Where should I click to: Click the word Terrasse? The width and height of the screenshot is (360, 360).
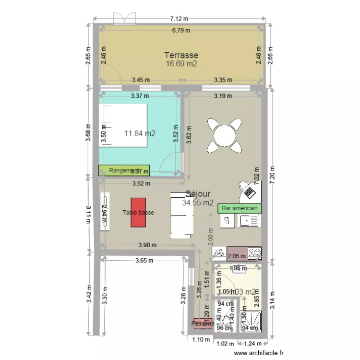[181, 55]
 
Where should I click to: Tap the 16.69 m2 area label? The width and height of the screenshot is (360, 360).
[181, 64]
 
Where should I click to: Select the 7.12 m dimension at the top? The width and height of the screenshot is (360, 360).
[179, 19]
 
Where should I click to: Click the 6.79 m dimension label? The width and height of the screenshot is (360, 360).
[181, 30]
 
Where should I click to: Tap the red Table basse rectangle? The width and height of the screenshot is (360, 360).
[138, 212]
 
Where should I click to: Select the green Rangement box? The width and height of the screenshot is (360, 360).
[124, 170]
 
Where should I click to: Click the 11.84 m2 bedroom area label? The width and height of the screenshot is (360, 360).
[140, 133]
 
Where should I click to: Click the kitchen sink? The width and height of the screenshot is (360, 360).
[250, 220]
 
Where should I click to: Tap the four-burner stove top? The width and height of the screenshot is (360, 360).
[255, 252]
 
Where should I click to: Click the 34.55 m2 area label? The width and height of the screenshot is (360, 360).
[198, 203]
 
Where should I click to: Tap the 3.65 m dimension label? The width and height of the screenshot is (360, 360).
[144, 261]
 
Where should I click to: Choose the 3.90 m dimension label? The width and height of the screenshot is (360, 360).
[147, 245]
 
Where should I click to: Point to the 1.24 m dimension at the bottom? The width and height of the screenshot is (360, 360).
[252, 343]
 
